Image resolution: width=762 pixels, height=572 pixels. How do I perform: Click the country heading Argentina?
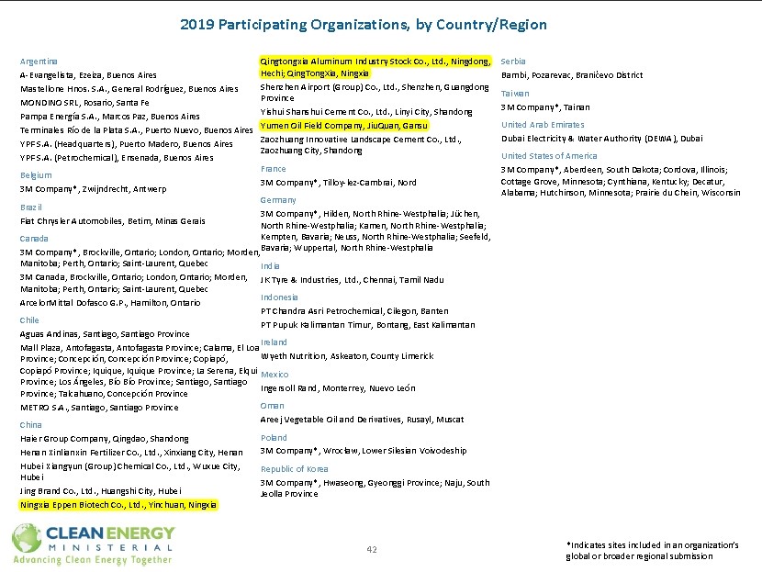point(39,61)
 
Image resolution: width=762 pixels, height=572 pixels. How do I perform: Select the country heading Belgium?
point(36,174)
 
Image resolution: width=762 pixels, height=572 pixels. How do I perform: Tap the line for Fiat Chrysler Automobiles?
point(112,221)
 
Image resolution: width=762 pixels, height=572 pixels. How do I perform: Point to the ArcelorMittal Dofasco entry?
point(109,302)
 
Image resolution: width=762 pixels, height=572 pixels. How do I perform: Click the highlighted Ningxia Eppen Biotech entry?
point(118,504)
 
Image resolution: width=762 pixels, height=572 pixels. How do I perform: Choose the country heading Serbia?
point(513,61)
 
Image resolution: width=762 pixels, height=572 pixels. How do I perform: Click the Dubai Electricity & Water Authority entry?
point(601,138)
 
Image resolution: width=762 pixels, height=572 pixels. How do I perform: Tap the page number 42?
point(372,549)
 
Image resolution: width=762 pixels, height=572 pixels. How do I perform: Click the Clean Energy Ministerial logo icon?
point(25,537)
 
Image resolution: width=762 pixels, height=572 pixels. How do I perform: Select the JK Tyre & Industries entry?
point(352,279)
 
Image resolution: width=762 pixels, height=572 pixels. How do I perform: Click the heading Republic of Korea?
point(294,468)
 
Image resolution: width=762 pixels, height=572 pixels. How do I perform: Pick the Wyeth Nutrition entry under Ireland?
point(346,355)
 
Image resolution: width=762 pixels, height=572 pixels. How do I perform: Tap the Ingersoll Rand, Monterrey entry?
point(338,387)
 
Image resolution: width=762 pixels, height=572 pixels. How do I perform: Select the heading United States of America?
point(548,156)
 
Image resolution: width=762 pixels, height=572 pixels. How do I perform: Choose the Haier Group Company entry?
point(104,438)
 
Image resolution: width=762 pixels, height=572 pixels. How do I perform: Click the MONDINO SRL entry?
point(84,102)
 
